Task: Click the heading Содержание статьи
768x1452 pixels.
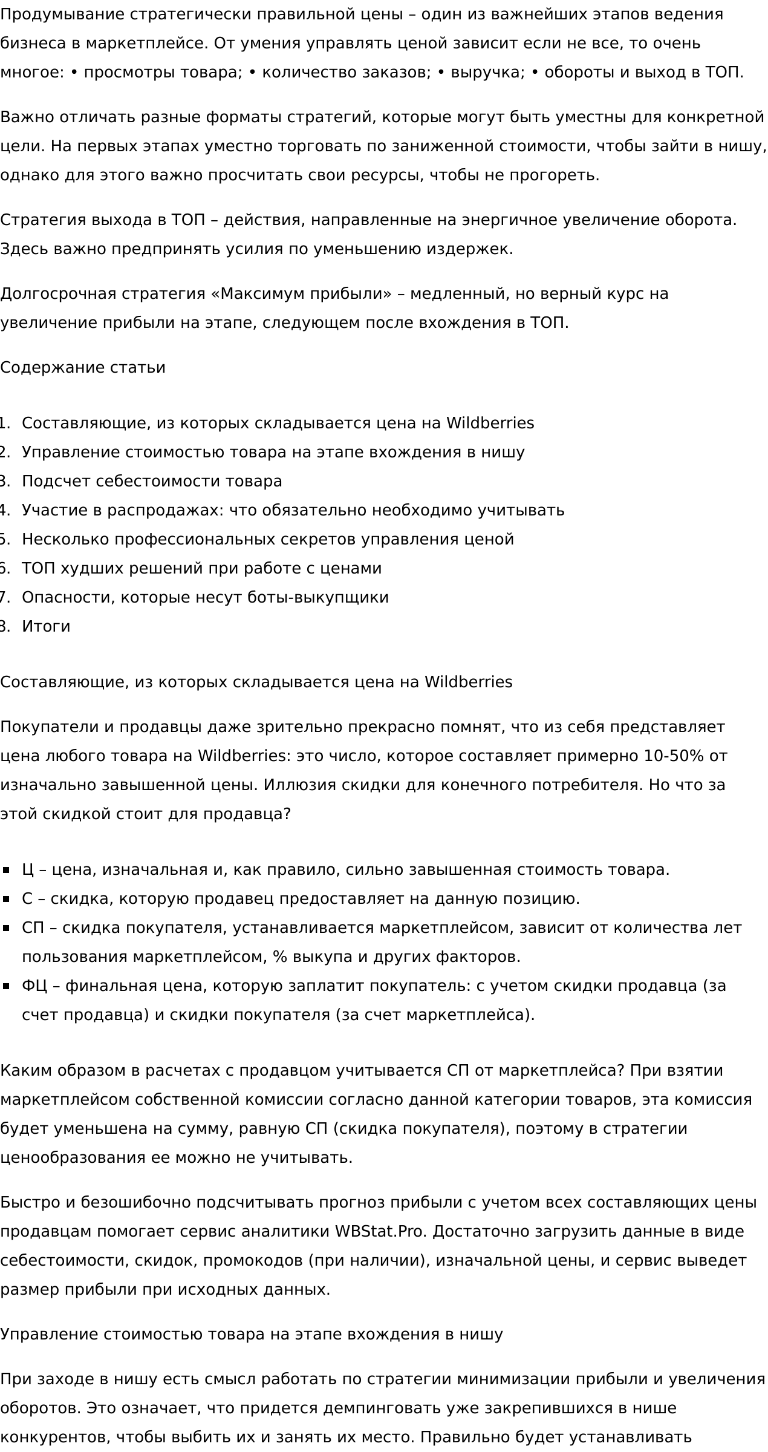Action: tap(83, 367)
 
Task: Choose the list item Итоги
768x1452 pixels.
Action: tap(46, 626)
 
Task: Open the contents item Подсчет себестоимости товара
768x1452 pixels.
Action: tap(152, 481)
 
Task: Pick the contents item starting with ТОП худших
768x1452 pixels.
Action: tap(201, 568)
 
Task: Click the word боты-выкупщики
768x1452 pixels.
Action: tap(318, 597)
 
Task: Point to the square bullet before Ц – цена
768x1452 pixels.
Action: tap(7, 870)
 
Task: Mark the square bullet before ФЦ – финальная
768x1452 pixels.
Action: tap(7, 986)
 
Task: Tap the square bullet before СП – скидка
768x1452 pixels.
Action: tap(7, 928)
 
